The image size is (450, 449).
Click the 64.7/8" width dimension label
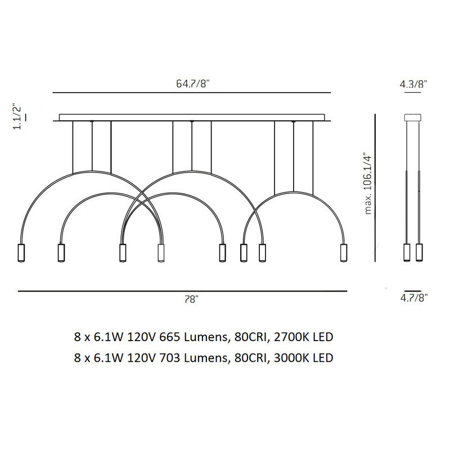coord(192,84)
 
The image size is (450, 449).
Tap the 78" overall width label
coord(191,300)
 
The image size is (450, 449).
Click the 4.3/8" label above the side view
coord(413,84)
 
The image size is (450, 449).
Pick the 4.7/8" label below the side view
coord(414,298)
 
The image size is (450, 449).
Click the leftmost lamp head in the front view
coord(21,253)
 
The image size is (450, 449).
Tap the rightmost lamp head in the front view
coord(344,253)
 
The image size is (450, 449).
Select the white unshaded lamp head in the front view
coord(161,253)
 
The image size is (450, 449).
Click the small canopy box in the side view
coord(413,117)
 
